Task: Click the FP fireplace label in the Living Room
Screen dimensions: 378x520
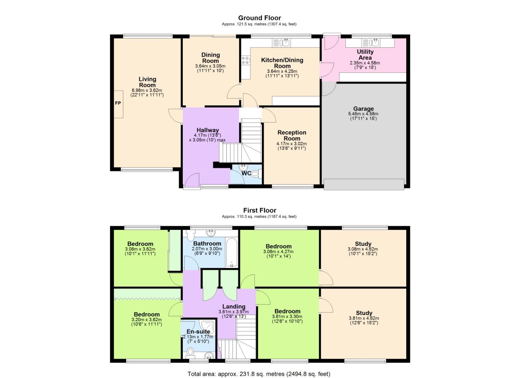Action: coord(118,103)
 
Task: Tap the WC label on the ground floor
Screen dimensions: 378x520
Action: coord(246,173)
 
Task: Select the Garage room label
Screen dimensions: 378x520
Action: coord(363,109)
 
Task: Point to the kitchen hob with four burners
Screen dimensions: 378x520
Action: coord(245,60)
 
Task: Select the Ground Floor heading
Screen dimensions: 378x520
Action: coord(259,18)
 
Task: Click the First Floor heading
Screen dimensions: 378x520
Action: coord(259,210)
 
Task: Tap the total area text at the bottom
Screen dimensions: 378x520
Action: coord(259,374)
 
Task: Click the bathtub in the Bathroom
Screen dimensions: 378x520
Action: coord(232,253)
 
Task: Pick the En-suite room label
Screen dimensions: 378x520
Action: coord(198,331)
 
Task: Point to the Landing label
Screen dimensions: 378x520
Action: coord(234,307)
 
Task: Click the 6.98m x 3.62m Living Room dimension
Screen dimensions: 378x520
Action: coord(147,90)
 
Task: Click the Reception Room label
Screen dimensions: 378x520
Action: coord(292,135)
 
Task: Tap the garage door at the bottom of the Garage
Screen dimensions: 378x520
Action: coord(364,184)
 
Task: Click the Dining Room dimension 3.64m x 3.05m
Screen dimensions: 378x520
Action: coord(210,66)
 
